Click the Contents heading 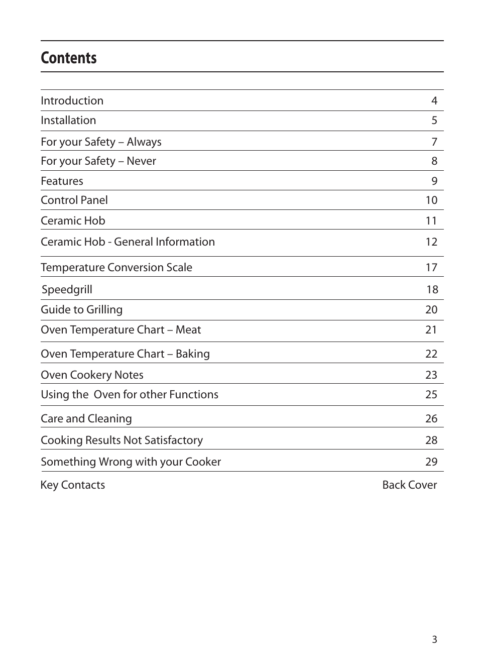69,58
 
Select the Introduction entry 72,100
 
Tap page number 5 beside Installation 434,121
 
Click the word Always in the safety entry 144,142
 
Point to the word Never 141,161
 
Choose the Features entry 62,181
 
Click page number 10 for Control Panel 431,200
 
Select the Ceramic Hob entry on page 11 73,221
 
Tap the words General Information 164,242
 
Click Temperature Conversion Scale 116,268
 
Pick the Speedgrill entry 67,290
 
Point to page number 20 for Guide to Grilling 431,310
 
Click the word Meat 188,330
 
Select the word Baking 193,354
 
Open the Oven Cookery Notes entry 92,375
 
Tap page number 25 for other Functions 431,395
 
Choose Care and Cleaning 86,419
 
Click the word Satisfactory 174,440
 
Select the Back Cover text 409,485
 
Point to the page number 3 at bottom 434,639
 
